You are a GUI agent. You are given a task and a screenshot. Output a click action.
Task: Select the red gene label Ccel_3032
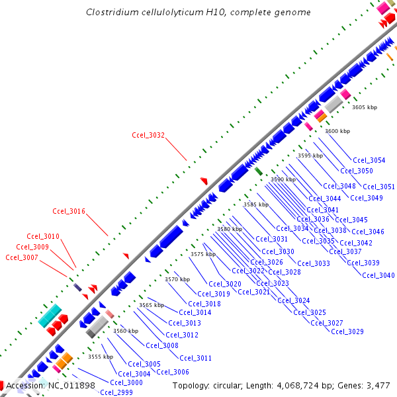(148, 135)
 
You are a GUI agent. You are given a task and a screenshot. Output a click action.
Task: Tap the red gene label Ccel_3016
(69, 212)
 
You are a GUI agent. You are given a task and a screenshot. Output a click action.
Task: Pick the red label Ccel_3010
(43, 236)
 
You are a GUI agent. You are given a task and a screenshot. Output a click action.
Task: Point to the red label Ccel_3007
(22, 257)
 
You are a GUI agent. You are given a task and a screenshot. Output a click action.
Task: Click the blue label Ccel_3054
(369, 160)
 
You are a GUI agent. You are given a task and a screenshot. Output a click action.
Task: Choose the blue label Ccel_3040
(378, 275)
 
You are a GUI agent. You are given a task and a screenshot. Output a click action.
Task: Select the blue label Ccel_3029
(347, 331)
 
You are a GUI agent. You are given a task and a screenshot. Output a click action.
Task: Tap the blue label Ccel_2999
(116, 392)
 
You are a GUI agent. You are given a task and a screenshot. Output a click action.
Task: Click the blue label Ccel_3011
(195, 358)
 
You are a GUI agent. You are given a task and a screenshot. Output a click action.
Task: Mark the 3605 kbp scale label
(364, 107)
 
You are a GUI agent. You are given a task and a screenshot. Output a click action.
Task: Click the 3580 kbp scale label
(230, 229)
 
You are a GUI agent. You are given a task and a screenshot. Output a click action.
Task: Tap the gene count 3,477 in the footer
(377, 385)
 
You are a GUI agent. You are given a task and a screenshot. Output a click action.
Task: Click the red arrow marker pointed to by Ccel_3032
(204, 181)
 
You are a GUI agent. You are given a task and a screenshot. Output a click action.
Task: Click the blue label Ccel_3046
(368, 232)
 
